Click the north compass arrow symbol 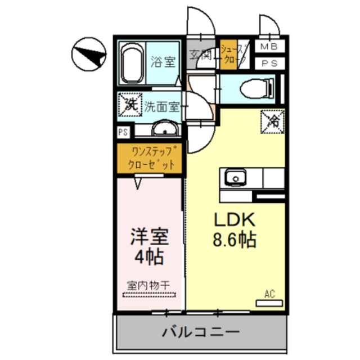click(89, 55)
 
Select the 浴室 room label click(162, 61)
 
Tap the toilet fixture click(256, 88)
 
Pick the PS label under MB click(268, 64)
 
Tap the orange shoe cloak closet click(229, 55)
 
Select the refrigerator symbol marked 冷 click(273, 120)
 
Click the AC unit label click(269, 293)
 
